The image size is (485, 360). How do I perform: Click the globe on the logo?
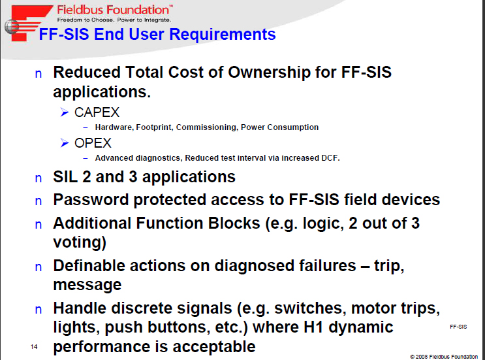click(12, 27)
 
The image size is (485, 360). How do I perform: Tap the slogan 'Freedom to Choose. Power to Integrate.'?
click(114, 20)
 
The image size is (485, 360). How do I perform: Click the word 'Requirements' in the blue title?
click(223, 34)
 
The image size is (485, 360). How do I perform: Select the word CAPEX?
click(97, 112)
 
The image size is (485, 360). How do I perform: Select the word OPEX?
click(93, 143)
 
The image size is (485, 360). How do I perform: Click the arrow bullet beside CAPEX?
click(65, 112)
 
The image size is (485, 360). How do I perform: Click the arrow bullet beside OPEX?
click(65, 142)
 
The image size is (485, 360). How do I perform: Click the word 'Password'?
click(91, 199)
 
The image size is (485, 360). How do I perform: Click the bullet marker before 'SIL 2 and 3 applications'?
click(39, 178)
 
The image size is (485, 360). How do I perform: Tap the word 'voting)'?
click(80, 242)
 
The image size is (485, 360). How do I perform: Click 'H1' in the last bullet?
click(313, 327)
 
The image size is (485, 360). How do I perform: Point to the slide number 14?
click(34, 347)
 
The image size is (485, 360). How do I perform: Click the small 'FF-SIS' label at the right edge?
click(458, 327)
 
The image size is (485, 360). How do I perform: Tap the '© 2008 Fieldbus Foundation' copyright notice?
click(444, 357)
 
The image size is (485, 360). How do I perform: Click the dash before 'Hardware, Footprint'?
click(86, 127)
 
